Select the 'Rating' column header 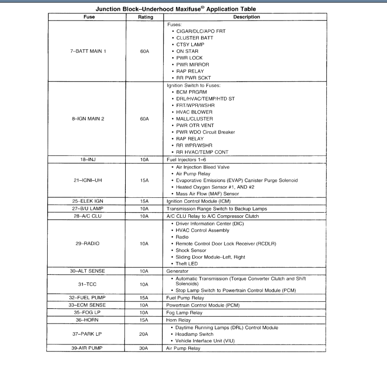click(145, 17)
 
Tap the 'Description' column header click(246, 17)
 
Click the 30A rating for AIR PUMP click(145, 348)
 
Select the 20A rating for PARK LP click(145, 334)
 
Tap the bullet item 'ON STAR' click(187, 51)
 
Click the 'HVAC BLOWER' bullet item click(194, 112)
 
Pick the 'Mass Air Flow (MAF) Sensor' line click(207, 194)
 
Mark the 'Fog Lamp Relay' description click(184, 313)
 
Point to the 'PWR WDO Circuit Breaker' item click(205, 132)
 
